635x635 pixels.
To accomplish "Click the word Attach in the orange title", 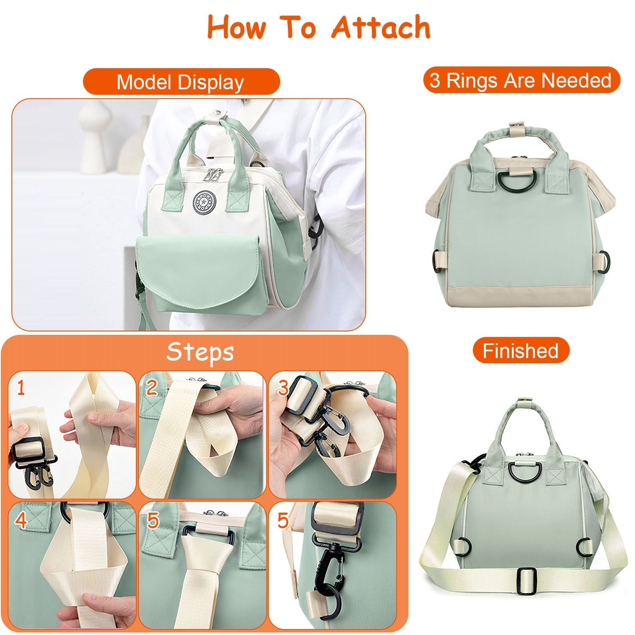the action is coord(381,27).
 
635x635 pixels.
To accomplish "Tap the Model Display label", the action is coord(181,82).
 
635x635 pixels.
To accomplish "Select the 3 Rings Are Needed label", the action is coord(521,80).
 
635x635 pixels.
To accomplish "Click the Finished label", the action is coord(521,351).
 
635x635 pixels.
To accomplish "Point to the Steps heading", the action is coord(200,352).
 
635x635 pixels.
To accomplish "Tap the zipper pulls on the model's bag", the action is coord(213,175).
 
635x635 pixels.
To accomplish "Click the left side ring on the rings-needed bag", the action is coord(435,261).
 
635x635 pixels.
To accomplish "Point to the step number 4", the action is coord(22,520).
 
